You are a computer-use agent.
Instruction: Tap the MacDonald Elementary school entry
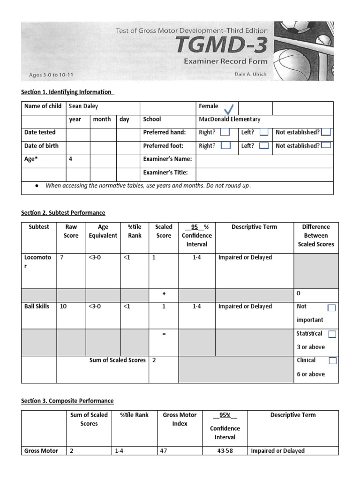229,120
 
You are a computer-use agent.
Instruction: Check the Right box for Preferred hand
225,133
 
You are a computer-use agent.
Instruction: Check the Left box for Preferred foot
264,146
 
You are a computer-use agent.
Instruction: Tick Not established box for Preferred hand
326,133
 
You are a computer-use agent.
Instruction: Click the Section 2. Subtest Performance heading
63,213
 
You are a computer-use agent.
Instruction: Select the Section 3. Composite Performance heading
67,401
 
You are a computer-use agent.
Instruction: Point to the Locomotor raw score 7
61,257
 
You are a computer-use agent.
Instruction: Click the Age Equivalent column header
103,231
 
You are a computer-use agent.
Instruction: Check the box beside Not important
331,308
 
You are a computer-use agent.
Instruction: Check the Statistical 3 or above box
332,334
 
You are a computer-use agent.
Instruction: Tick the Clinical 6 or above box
332,361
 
